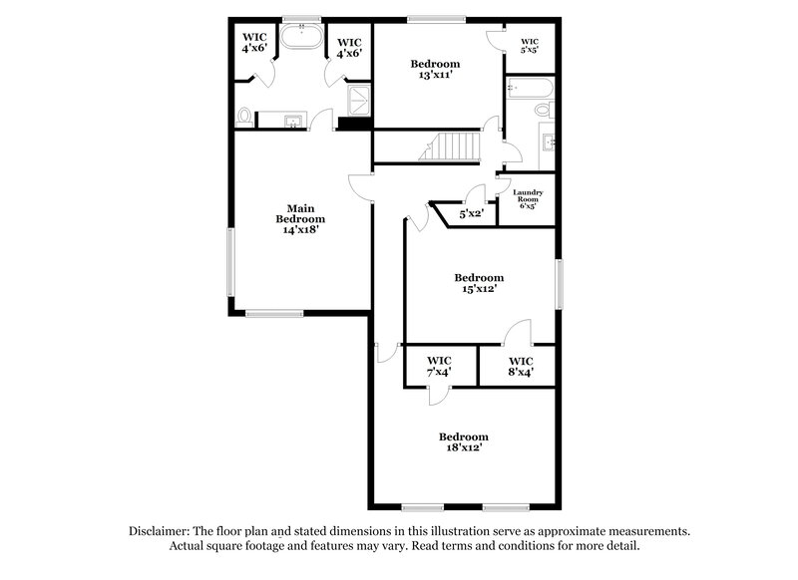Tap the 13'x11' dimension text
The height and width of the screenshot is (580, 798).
(x=435, y=75)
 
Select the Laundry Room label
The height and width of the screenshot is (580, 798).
(x=527, y=198)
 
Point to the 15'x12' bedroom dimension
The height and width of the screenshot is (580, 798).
(x=479, y=289)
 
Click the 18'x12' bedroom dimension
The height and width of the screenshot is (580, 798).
(x=465, y=448)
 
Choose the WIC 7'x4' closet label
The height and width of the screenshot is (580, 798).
(x=439, y=366)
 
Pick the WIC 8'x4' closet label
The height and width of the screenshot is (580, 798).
(x=521, y=366)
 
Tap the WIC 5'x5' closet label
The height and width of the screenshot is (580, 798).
(x=529, y=45)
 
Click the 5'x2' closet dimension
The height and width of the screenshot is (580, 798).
(x=471, y=213)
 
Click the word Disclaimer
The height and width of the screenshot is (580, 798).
(x=163, y=532)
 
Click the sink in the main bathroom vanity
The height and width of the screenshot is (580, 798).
(x=292, y=122)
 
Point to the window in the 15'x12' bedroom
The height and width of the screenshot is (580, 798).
(x=560, y=285)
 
